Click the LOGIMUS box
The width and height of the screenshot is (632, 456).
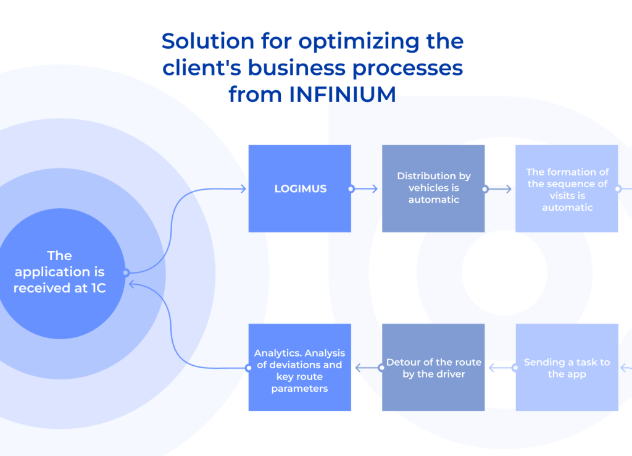(300, 188)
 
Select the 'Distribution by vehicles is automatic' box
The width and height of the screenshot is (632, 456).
(433, 188)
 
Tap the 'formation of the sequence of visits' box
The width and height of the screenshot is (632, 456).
(567, 188)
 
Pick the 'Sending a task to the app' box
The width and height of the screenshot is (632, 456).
(567, 368)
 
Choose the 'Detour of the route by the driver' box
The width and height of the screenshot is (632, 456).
(433, 368)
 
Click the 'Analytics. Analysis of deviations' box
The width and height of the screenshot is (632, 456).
(300, 368)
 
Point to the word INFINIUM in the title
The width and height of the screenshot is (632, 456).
(343, 95)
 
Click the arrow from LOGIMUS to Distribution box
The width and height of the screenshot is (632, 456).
(366, 189)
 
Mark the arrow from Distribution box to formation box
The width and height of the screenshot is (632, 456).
(499, 189)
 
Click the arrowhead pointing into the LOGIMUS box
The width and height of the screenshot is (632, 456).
(243, 189)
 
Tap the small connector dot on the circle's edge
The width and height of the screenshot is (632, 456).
(125, 272)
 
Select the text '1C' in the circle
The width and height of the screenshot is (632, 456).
(97, 288)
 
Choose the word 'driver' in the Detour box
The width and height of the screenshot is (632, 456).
(450, 374)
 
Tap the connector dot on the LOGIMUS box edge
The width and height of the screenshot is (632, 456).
(351, 189)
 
